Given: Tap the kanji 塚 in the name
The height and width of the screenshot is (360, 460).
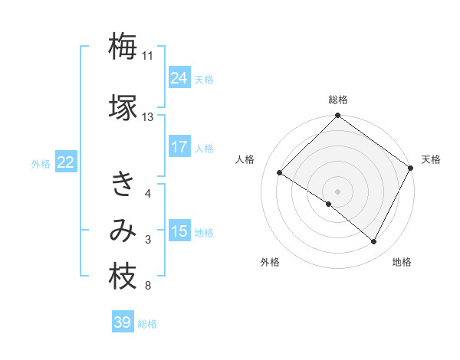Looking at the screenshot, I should tap(123, 106).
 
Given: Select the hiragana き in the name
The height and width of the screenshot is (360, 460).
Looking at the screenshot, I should tap(123, 185).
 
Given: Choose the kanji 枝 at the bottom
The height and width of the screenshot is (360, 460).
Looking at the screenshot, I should tap(123, 277).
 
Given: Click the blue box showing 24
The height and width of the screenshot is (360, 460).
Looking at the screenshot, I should tap(179, 78).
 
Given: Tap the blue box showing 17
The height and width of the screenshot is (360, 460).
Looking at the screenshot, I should tap(179, 147).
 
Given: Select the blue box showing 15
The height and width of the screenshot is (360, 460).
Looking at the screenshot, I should tap(179, 231).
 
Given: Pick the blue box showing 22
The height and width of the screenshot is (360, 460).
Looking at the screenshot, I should tap(66, 162).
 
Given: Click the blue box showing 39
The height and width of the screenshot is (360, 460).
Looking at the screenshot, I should tap(123, 322).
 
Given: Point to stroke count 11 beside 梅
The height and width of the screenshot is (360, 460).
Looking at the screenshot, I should tap(147, 56).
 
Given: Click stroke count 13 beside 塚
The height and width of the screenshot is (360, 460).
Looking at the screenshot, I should tap(147, 117).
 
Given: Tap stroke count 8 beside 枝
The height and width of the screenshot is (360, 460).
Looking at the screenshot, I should tap(147, 286).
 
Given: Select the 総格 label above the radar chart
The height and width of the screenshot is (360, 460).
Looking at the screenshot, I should tap(337, 100).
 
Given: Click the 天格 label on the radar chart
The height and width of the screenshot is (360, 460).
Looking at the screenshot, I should tap(431, 159).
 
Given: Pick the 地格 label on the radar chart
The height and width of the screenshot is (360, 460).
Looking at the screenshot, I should tap(402, 262).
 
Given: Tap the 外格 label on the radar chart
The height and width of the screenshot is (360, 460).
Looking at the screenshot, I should tap(270, 262).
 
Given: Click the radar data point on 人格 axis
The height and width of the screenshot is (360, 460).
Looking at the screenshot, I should tap(280, 172).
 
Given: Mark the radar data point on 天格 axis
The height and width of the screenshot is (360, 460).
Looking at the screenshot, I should tap(411, 168).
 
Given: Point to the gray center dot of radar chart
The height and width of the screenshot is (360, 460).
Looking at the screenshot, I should tap(337, 191).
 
